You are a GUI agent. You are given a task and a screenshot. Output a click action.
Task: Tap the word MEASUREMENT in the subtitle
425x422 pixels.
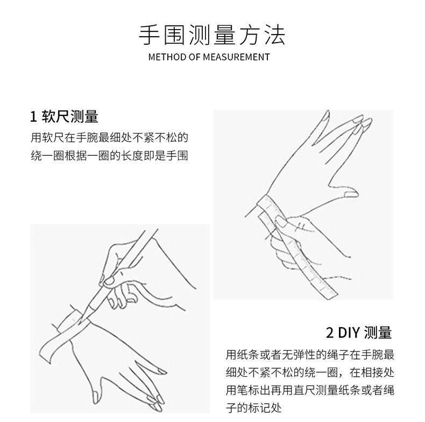237,57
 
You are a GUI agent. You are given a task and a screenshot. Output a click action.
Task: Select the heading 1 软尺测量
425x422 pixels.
64,116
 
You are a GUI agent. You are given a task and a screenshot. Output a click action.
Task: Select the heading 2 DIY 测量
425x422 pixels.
359,332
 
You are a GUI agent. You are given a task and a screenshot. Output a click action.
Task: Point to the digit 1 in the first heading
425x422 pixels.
34,116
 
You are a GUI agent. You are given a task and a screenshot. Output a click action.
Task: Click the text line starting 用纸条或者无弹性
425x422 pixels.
310,355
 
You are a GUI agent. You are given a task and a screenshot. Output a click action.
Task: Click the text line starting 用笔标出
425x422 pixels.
310,390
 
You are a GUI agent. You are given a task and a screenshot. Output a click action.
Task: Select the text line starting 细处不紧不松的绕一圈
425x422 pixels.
310,372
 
